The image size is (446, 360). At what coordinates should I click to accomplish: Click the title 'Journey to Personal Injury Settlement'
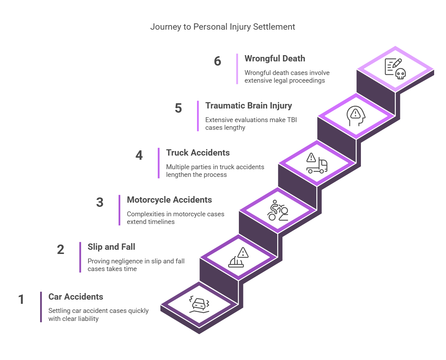pyautogui.click(x=222, y=27)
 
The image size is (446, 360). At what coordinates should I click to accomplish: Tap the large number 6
pyautogui.click(x=217, y=61)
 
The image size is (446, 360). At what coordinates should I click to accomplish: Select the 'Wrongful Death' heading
pyautogui.click(x=274, y=59)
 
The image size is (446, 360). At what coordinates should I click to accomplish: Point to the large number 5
pyautogui.click(x=178, y=108)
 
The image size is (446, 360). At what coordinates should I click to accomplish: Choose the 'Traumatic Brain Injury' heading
pyautogui.click(x=248, y=106)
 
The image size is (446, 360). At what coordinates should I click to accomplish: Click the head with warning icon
pyautogui.click(x=356, y=116)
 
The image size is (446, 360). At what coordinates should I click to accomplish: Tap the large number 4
pyautogui.click(x=139, y=155)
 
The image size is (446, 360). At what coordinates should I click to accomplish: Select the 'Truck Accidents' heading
pyautogui.click(x=198, y=153)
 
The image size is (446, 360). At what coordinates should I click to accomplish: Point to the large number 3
pyautogui.click(x=100, y=202)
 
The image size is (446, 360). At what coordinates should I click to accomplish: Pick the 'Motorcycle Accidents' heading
pyautogui.click(x=169, y=200)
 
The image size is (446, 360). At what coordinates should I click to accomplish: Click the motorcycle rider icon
pyautogui.click(x=278, y=210)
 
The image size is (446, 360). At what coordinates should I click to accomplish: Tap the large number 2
pyautogui.click(x=60, y=249)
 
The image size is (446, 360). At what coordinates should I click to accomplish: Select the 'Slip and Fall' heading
pyautogui.click(x=111, y=247)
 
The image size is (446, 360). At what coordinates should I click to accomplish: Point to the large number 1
pyautogui.click(x=21, y=299)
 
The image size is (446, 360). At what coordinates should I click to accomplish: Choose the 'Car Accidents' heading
pyautogui.click(x=76, y=297)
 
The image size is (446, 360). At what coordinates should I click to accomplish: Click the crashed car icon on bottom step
pyautogui.click(x=199, y=305)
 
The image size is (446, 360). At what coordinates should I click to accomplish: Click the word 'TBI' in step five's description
pyautogui.click(x=292, y=120)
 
